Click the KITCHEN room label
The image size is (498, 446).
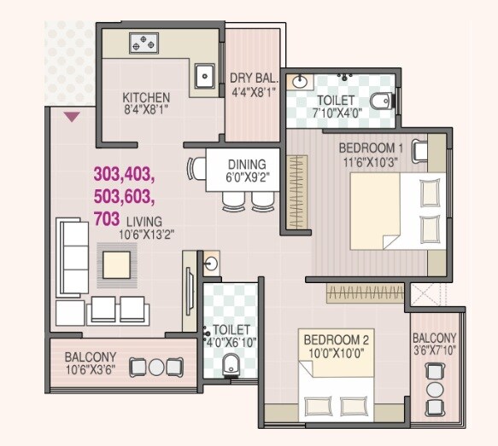point(146,96)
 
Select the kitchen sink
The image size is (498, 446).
point(205,77)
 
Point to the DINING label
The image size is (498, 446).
point(247,164)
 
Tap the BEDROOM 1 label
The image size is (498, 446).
point(373,145)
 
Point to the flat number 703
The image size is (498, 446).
point(106,218)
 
